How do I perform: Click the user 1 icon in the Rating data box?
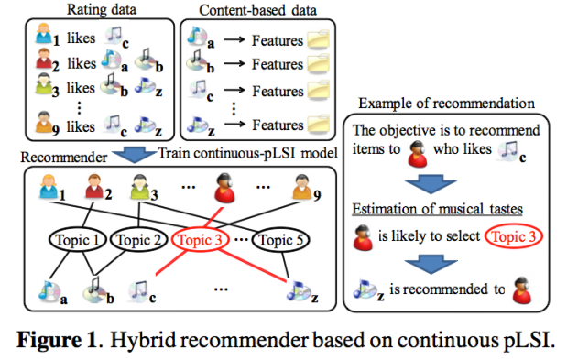coord(43,38)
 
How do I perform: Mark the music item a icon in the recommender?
coord(45,291)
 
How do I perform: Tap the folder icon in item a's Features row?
coord(319,40)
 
